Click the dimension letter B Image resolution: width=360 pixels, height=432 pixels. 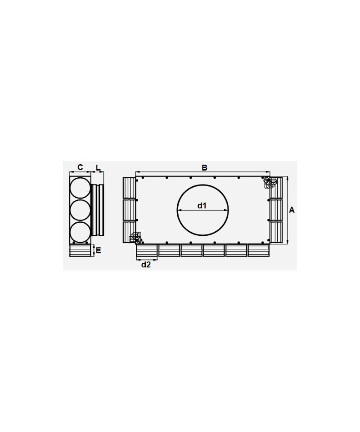(x=204, y=167)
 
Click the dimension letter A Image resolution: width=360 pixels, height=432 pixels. (x=292, y=210)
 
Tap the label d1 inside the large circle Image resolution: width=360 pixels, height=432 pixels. (x=202, y=206)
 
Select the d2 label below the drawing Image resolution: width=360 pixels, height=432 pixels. (x=146, y=265)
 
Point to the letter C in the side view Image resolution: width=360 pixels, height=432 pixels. (x=80, y=167)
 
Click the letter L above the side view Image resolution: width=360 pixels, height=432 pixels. (x=98, y=167)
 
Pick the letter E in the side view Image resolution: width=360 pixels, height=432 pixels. (x=99, y=250)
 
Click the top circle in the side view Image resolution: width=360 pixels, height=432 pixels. (x=80, y=188)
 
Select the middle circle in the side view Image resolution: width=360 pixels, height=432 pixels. (x=80, y=210)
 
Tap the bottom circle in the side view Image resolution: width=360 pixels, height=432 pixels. (x=80, y=232)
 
